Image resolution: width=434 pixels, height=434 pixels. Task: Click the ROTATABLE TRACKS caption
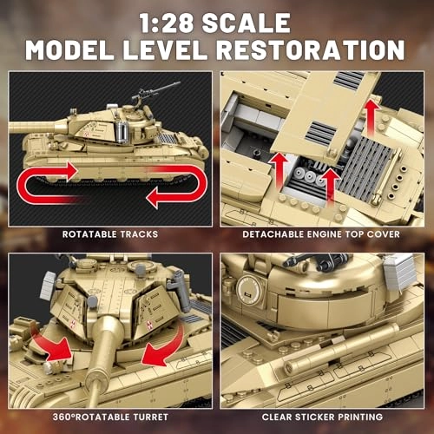click(108, 233)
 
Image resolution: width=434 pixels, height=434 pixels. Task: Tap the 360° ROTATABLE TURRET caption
click(108, 416)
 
